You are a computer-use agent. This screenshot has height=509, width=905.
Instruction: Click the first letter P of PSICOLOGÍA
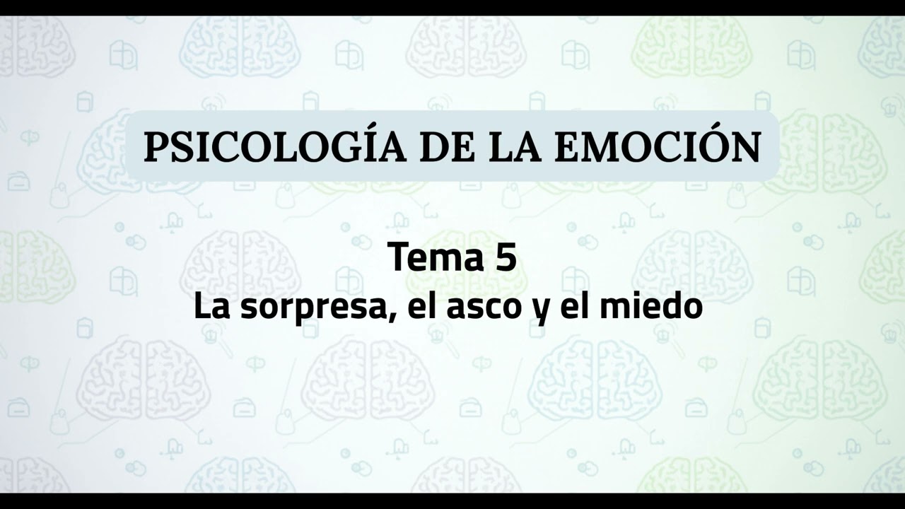pos(156,147)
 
